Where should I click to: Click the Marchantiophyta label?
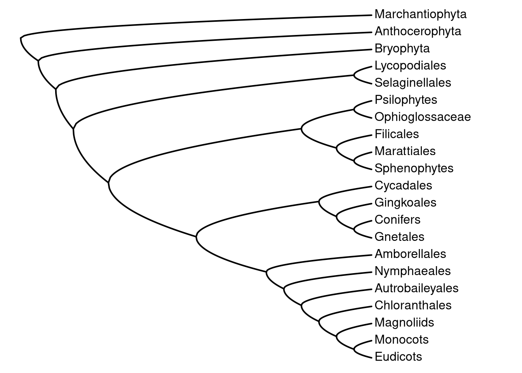point(420,14)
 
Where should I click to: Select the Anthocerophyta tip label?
point(418,31)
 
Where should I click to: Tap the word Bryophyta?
point(402,49)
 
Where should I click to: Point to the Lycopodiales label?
point(410,66)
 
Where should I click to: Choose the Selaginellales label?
point(412,83)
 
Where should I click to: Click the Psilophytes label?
point(405,100)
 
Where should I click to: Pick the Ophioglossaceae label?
point(423,117)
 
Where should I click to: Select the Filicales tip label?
point(397,134)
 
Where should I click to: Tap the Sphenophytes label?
point(414,168)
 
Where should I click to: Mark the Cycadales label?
point(403,185)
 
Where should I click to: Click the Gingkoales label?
point(405,202)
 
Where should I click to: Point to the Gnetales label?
point(399,237)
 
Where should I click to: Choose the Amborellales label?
point(410,254)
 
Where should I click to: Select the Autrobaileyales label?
point(416,288)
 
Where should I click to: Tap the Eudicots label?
point(398,357)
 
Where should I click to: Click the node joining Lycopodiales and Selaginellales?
point(354,74)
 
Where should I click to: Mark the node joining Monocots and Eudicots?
point(354,348)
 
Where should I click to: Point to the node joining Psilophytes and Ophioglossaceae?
point(354,108)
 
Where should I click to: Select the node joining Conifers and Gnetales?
point(354,228)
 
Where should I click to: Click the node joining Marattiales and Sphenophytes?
point(354,160)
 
